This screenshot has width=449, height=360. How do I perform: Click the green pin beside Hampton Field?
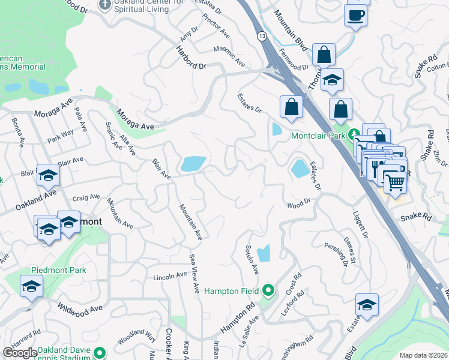(268, 291)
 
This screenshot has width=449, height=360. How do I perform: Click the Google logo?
(20, 353)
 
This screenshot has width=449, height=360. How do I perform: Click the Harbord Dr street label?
(190, 58)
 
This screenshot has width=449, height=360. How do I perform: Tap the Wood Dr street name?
(298, 204)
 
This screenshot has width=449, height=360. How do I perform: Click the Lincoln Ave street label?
(170, 277)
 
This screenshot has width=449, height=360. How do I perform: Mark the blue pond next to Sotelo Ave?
(263, 254)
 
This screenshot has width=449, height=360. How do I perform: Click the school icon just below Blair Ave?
(48, 175)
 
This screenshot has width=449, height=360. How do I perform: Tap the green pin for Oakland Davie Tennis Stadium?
(100, 352)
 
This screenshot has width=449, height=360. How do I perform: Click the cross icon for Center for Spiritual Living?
(105, 5)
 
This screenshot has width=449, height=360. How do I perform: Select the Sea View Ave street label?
(194, 273)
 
